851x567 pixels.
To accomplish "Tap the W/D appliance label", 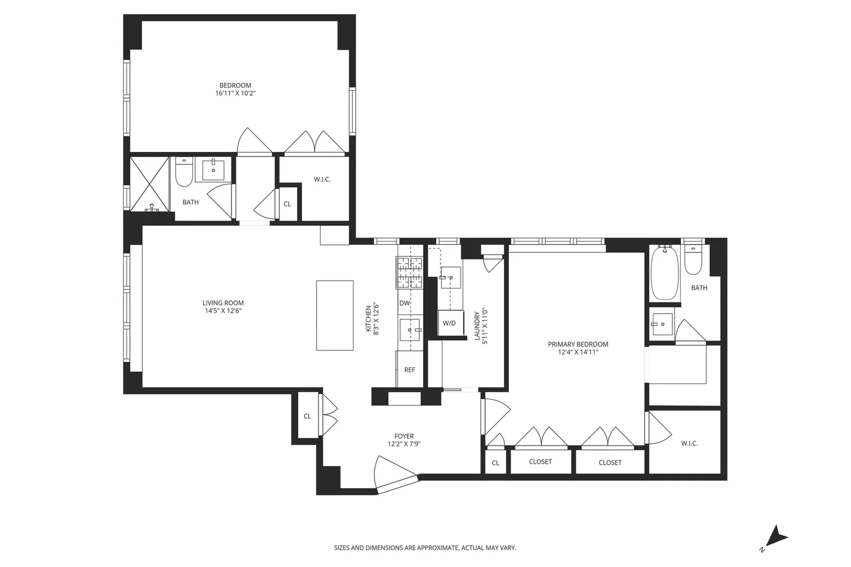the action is click(x=449, y=323).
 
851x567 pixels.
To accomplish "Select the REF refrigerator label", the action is click(x=410, y=370).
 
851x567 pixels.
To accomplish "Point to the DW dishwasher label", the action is click(x=405, y=303).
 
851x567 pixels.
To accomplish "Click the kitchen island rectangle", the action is click(x=335, y=315).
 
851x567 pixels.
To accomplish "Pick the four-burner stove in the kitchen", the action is click(x=410, y=272).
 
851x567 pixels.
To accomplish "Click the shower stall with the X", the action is click(x=150, y=184).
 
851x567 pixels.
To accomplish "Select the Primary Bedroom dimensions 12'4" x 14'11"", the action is click(x=578, y=352).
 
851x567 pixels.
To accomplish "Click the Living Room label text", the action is click(x=223, y=303).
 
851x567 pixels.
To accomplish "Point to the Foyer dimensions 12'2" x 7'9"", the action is click(x=404, y=444).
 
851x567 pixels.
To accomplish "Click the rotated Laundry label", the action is click(x=477, y=326).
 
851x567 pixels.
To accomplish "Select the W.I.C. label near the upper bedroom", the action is click(x=322, y=179).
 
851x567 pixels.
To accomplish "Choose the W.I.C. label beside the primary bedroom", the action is click(x=689, y=443).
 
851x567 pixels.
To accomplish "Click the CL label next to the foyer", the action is click(x=307, y=416).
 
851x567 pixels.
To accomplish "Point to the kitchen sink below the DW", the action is click(x=410, y=329).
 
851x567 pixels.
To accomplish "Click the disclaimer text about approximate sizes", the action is click(x=425, y=548).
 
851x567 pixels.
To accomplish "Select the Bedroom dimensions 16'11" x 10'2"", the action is click(x=235, y=93).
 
